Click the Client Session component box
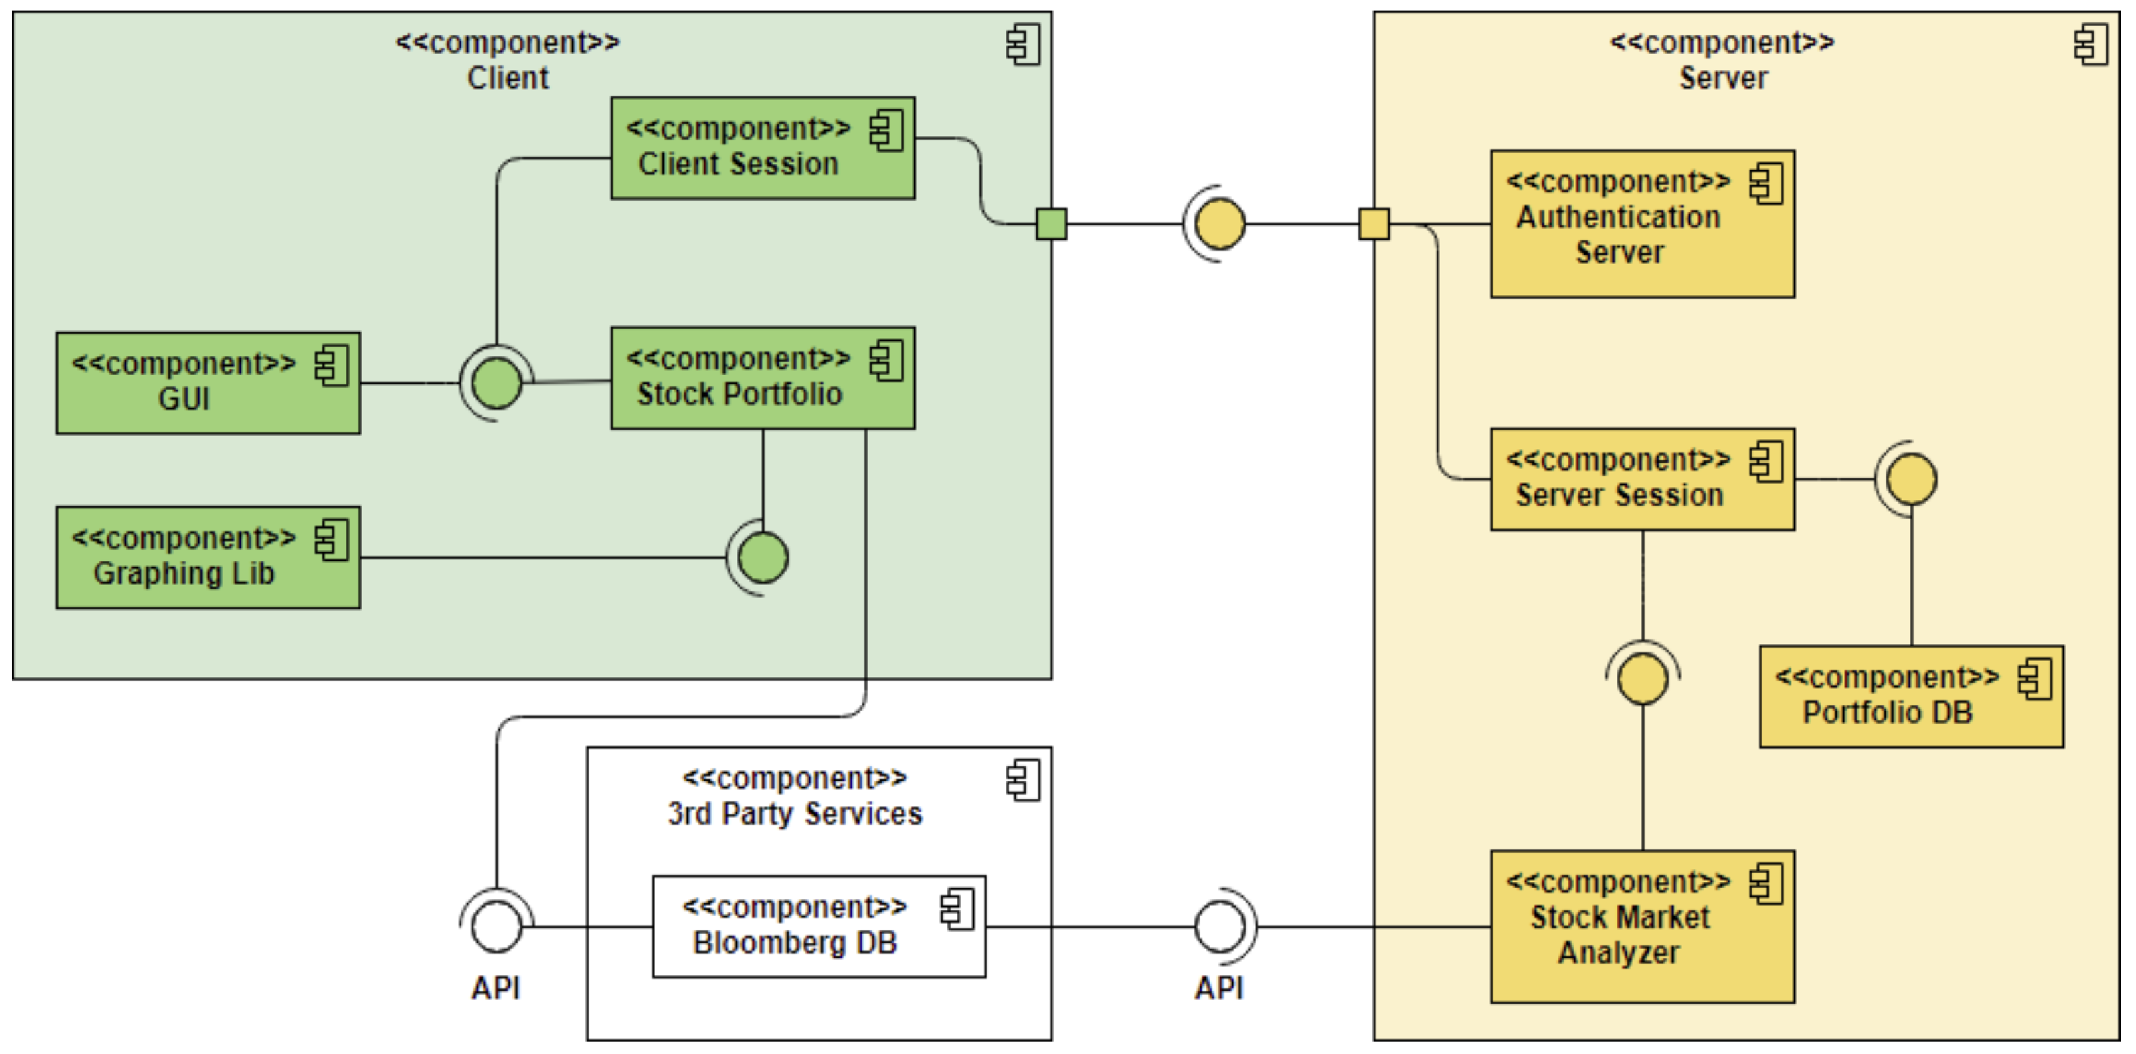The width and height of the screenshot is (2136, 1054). [763, 148]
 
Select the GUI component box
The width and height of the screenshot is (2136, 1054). [208, 383]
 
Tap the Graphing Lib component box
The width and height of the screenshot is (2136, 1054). [208, 557]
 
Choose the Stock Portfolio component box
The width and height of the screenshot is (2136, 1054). [763, 378]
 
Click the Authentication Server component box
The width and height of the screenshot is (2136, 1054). [1642, 224]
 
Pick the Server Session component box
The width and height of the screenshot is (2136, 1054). [1642, 479]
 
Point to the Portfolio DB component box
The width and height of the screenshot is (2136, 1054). [1911, 697]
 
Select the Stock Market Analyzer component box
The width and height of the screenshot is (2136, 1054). [1642, 926]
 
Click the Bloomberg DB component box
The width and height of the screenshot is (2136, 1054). [818, 926]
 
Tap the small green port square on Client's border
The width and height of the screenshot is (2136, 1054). [1051, 224]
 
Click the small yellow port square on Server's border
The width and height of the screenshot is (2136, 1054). [1373, 224]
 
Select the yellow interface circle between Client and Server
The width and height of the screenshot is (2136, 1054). [1219, 224]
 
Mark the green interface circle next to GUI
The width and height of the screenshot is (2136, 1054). [497, 383]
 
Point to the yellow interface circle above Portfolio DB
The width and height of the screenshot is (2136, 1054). [1911, 479]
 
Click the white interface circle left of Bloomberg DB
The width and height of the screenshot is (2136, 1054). [497, 926]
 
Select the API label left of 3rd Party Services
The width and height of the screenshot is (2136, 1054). [496, 988]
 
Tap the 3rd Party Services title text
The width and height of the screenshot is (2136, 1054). [794, 814]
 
